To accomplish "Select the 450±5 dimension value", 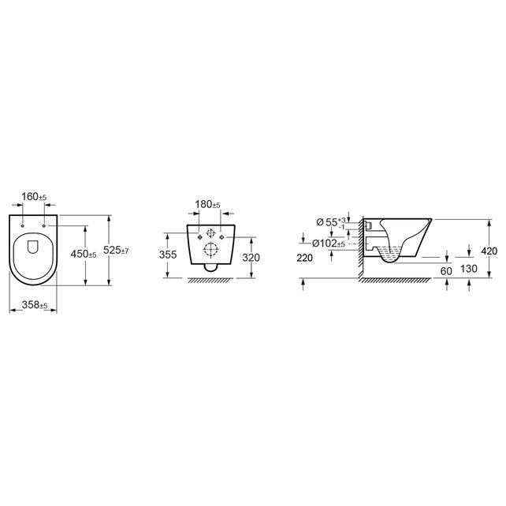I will pos(82,254).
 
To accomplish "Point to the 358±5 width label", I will pos(34,304).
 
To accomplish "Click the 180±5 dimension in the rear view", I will pos(207,205).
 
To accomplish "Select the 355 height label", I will pos(168,255).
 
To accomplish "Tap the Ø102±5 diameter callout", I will pos(329,243).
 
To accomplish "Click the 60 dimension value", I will pos(445,270).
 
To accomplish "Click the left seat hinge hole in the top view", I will pos(24,226).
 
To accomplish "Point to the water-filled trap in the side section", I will pos(391,254).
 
